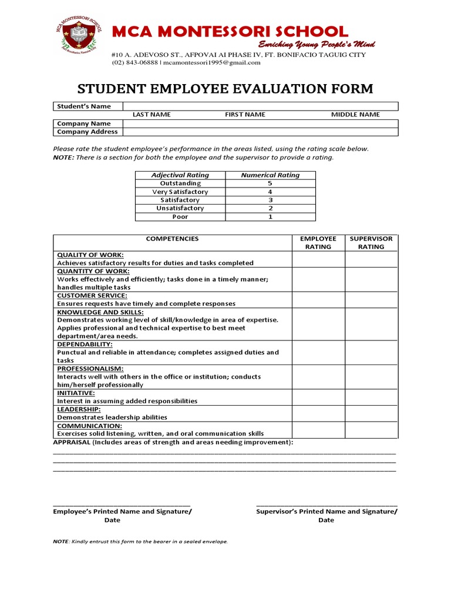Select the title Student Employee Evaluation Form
[225, 89]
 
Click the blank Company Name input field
[259, 123]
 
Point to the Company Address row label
[87, 132]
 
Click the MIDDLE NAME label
[355, 115]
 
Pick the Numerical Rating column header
[270, 175]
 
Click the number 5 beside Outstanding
[270, 183]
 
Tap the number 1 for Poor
[270, 216]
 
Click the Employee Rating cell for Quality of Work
[318, 259]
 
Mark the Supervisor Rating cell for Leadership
[371, 413]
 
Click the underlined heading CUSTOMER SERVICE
[92, 296]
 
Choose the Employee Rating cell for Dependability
[318, 352]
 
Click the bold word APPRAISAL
[72, 442]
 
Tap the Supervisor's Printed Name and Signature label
[327, 511]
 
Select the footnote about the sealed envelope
[140, 541]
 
